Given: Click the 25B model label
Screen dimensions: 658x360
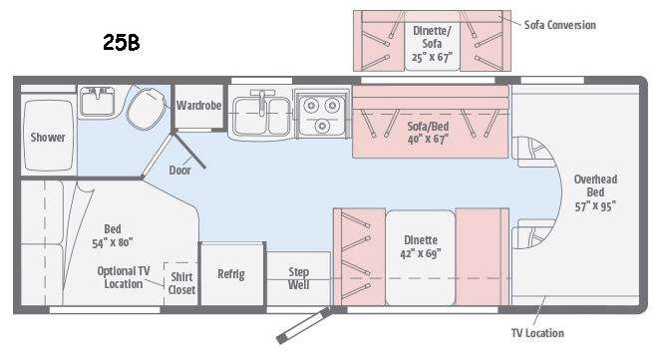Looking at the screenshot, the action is (122, 42).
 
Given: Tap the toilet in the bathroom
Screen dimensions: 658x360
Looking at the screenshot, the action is (146, 107).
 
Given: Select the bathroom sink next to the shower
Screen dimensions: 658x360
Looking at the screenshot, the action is (98, 101).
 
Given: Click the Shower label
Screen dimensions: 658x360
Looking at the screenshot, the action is (48, 138).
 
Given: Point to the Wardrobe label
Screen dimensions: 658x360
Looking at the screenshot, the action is (198, 106).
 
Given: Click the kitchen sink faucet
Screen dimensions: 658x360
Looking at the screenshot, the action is (262, 102).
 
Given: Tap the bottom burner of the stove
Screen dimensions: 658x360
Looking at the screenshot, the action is (322, 126).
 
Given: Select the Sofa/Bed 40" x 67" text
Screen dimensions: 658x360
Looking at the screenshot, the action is (428, 133).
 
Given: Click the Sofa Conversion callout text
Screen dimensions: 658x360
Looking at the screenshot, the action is (560, 25).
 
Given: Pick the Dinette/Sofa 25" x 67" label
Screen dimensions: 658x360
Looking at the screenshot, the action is (432, 44).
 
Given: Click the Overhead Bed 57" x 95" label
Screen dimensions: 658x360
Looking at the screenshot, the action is (595, 192).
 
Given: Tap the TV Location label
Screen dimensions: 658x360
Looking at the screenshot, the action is (537, 333).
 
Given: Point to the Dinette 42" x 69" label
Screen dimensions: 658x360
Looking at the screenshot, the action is (421, 246).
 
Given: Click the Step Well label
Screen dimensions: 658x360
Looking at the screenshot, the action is (299, 278).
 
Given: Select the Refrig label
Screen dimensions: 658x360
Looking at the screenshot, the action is (231, 274).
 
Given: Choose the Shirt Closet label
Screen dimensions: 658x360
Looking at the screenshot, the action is (181, 283).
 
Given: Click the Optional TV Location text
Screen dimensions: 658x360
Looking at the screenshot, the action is (124, 277).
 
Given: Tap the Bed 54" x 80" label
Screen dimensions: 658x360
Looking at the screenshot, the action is (113, 235).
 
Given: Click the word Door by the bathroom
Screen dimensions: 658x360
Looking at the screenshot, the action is (180, 170).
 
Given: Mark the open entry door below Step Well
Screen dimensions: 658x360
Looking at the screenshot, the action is (304, 325).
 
